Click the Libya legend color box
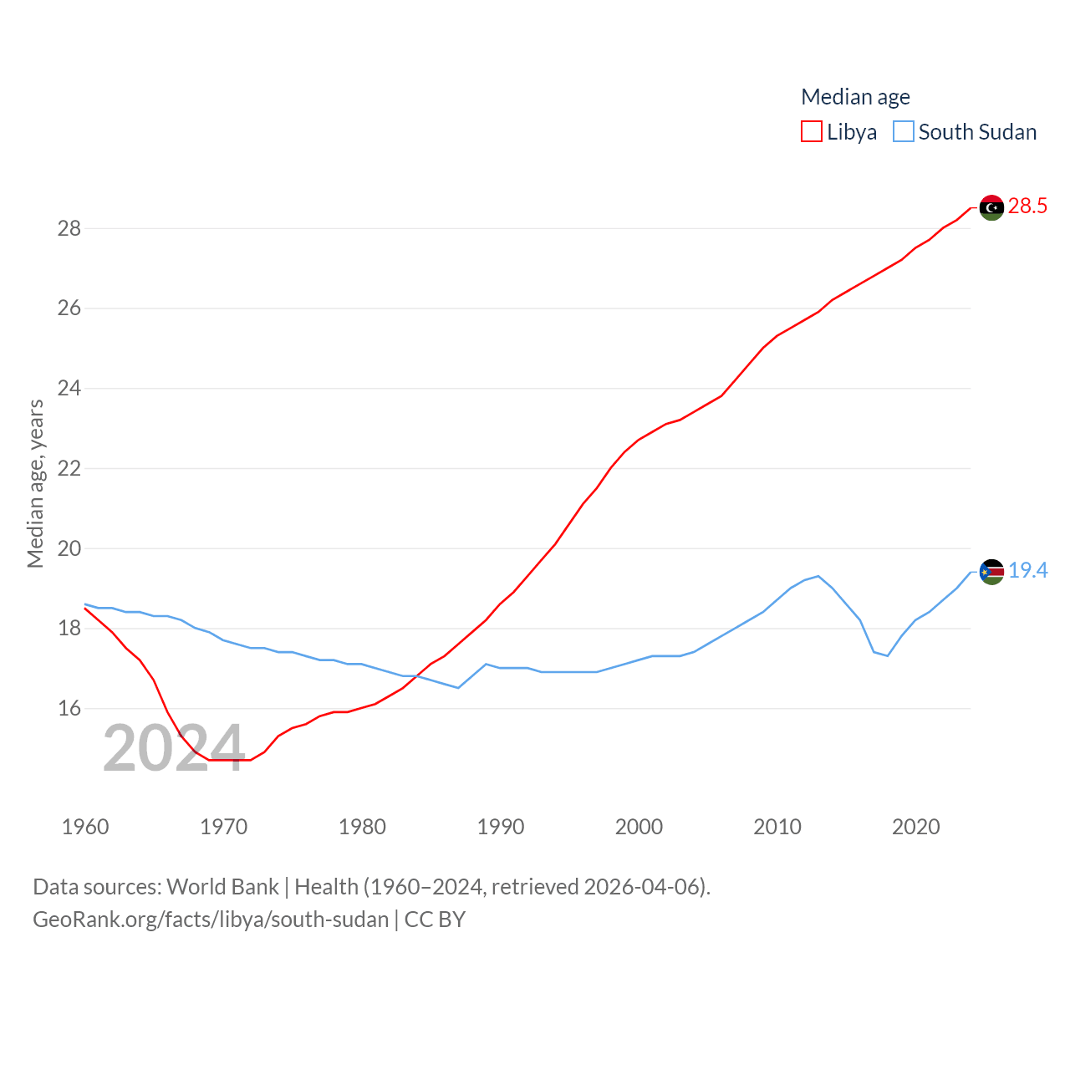point(811,132)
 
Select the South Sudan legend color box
point(903,132)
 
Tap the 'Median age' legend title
point(855,97)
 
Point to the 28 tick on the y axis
point(69,228)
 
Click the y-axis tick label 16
point(69,708)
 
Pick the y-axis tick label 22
point(69,468)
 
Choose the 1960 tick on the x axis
point(85,827)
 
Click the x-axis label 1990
point(501,827)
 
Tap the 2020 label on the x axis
point(916,827)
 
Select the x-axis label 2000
point(639,827)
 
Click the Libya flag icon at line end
point(991,207)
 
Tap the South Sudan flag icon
point(991,572)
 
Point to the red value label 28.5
point(1027,206)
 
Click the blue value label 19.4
point(1027,570)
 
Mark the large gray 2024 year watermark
point(173,748)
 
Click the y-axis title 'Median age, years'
point(35,484)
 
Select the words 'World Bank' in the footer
point(222,886)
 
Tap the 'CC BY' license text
point(435,920)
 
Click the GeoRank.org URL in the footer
point(211,920)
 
